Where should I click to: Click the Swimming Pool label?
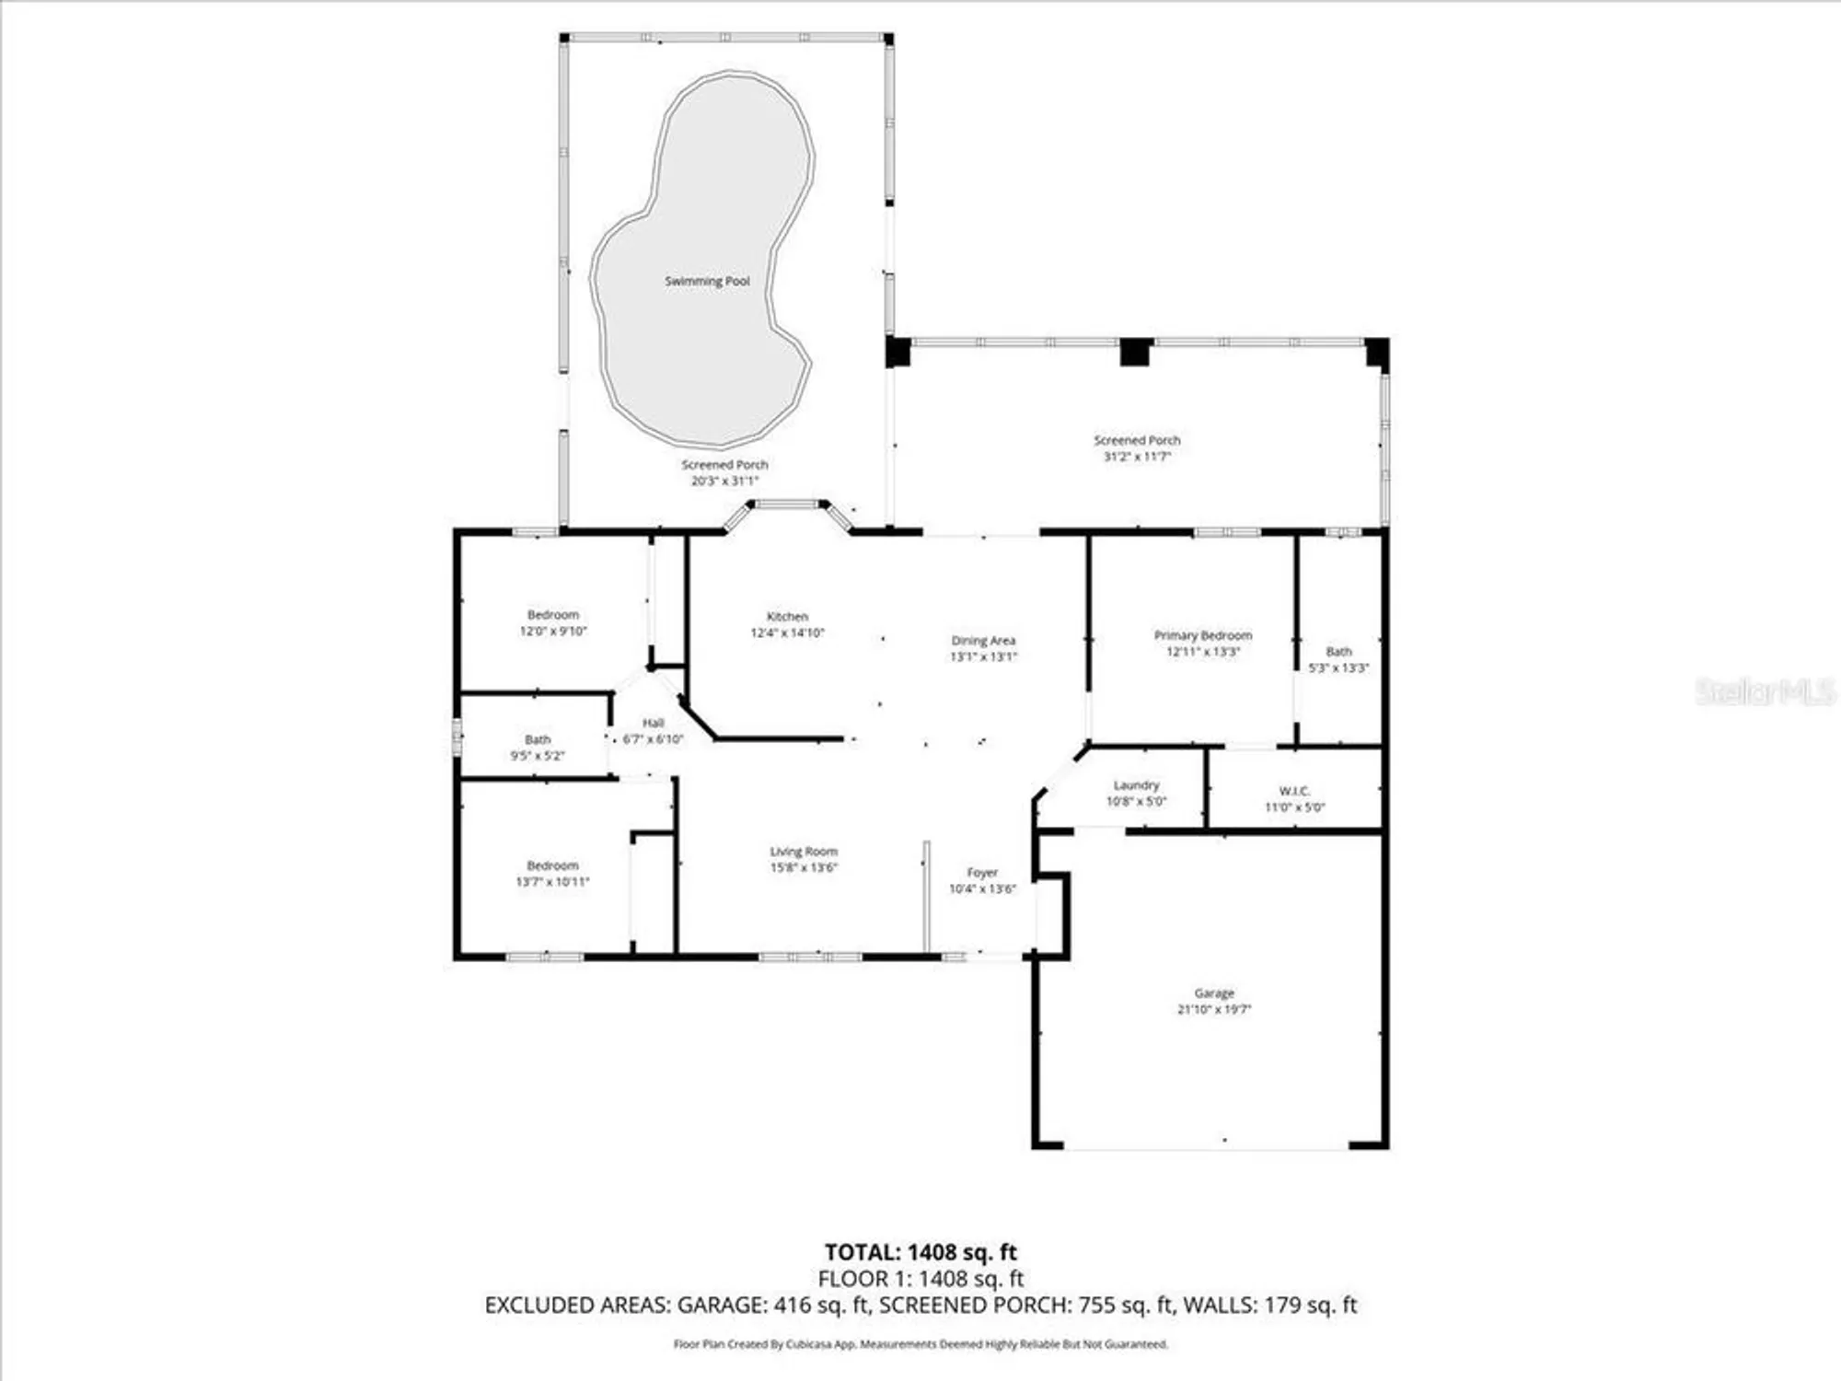707,281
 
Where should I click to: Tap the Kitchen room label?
787,616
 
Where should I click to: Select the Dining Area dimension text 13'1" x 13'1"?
983,656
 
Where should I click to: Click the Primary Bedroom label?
1202,635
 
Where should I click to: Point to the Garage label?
1213,992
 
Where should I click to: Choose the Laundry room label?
1136,784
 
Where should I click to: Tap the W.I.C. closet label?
1293,791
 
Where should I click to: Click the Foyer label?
982,872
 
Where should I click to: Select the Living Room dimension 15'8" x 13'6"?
804,867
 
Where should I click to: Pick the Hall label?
653,723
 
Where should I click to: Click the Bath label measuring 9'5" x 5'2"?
538,739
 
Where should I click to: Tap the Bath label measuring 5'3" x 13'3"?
1338,651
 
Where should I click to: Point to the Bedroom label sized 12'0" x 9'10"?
553,614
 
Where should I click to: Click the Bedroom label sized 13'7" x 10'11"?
552,865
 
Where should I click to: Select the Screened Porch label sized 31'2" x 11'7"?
1137,440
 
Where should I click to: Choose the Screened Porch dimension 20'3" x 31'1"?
724,481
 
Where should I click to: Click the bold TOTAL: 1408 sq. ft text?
920,1252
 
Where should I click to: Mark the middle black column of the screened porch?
1135,352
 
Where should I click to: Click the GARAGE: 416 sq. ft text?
773,1305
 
